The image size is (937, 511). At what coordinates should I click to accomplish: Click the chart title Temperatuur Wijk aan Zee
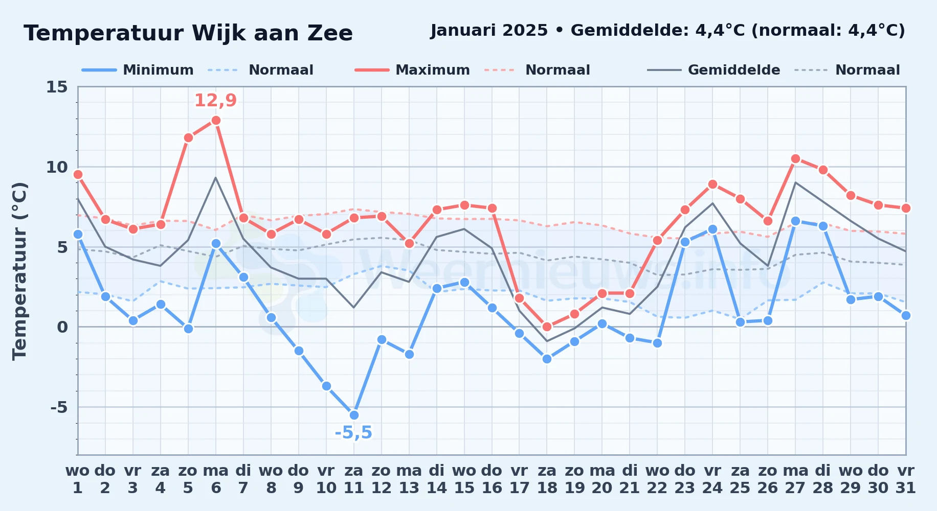coord(188,33)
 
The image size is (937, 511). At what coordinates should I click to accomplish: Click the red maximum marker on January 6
coord(216,120)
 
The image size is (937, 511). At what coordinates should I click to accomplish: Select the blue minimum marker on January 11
coord(354,415)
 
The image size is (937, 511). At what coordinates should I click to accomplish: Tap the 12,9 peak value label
coord(215,100)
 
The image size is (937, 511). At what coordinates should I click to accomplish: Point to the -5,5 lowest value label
coord(353,433)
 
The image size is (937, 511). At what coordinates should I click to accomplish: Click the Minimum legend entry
coord(138,70)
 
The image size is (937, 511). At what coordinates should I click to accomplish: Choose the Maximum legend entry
coord(412,70)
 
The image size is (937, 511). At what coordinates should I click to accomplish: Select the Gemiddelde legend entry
coord(713,70)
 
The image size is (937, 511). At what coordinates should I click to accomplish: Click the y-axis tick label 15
coord(57,87)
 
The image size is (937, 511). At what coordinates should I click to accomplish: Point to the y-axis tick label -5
coord(59,407)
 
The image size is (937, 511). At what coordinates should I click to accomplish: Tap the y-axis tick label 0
coord(62,327)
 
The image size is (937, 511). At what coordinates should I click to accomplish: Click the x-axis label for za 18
coord(547,479)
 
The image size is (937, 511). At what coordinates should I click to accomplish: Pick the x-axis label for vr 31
coord(906,479)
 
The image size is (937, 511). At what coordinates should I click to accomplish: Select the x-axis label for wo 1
coord(78,479)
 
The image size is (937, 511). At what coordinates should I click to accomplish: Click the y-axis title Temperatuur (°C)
coord(19,271)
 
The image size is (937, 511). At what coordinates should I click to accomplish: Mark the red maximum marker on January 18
coord(547,327)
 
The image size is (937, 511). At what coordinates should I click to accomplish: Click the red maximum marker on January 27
coord(795,158)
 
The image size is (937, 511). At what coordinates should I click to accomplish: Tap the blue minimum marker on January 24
coord(712,229)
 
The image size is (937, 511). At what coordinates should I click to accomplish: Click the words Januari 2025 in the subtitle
coord(489,30)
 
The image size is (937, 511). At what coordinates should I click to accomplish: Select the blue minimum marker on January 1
coord(78,234)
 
